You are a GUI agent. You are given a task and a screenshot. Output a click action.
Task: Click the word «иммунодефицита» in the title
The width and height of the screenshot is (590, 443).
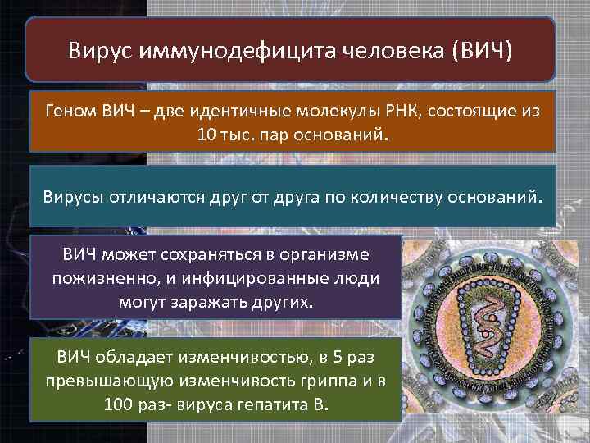211,52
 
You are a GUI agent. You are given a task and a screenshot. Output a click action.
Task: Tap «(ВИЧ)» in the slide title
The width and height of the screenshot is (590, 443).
482,52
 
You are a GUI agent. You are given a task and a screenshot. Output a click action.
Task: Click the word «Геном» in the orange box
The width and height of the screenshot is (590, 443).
72,111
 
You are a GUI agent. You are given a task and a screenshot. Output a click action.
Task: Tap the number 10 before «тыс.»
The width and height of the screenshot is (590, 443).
206,133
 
